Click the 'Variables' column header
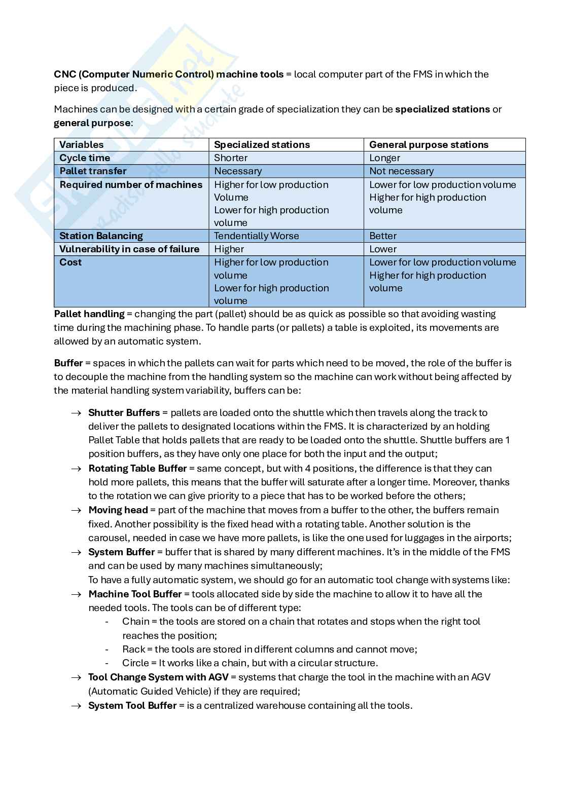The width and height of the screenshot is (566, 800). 81,144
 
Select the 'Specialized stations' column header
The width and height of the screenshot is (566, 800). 262,144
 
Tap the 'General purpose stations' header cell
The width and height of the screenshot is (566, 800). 429,144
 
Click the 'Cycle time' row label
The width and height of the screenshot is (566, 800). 85,158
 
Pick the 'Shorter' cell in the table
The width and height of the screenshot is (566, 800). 231,158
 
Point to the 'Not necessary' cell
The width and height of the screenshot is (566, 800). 401,171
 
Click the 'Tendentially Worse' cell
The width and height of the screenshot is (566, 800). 256,236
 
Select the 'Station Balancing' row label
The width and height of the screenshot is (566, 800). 101,236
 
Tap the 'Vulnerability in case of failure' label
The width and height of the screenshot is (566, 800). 129,249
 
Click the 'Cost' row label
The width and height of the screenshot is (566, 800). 70,262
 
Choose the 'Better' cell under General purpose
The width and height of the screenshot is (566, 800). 382,236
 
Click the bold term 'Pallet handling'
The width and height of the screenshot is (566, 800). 89,314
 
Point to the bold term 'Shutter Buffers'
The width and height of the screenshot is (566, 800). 124,412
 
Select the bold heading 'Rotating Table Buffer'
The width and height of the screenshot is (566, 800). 137,468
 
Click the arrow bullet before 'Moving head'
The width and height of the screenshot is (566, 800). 76,510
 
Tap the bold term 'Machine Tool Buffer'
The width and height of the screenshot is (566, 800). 135,594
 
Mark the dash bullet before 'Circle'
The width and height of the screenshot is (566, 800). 107,663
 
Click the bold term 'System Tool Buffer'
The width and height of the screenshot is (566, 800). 132,705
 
